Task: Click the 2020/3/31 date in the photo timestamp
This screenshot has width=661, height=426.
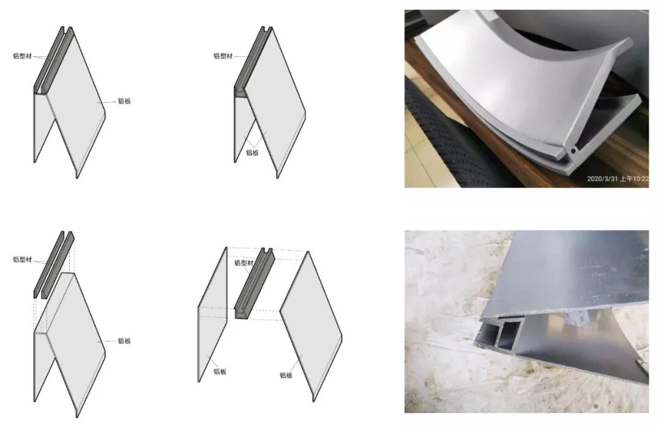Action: (x=602, y=178)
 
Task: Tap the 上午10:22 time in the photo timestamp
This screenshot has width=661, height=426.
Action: (x=635, y=178)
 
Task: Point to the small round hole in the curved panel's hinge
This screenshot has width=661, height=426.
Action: (x=573, y=150)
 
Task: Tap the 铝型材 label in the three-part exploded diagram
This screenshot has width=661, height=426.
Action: (x=244, y=263)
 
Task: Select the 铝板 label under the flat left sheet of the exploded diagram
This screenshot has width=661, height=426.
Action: (x=220, y=372)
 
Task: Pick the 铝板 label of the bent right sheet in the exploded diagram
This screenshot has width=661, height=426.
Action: (x=286, y=375)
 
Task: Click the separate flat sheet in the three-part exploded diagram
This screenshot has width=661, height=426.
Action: (x=212, y=314)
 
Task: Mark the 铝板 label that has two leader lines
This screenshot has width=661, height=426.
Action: (x=252, y=152)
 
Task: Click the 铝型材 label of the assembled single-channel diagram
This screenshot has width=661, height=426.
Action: (x=223, y=56)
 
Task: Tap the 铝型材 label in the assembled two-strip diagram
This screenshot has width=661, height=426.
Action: (x=23, y=56)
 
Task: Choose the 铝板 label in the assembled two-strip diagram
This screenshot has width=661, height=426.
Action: (x=124, y=101)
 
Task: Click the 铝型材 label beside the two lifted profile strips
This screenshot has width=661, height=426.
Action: (x=23, y=260)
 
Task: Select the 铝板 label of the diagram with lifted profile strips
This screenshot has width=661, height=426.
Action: (x=124, y=340)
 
